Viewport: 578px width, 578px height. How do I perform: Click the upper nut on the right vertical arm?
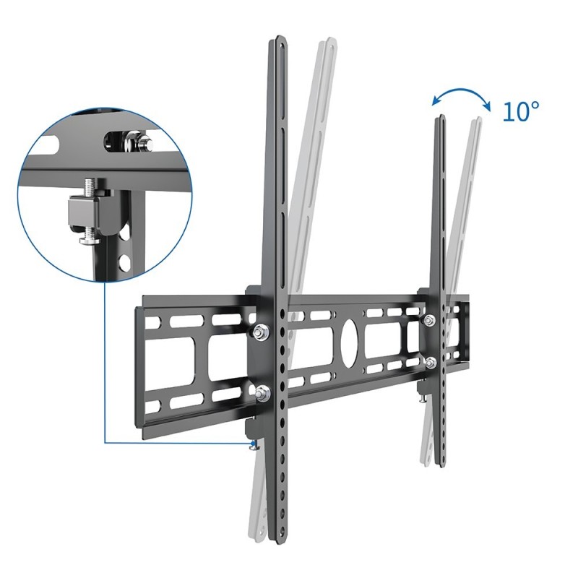[430, 321]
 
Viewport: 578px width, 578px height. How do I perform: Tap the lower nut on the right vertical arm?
[430, 361]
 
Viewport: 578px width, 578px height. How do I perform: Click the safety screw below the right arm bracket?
[420, 396]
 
